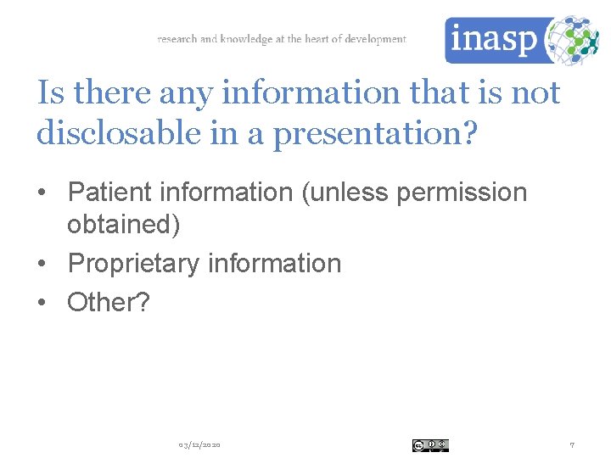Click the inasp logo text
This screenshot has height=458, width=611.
pos(493,40)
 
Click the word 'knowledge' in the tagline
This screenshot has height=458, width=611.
pos(246,39)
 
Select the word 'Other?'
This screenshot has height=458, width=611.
pos(108,301)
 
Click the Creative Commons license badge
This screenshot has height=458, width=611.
pos(430,445)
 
